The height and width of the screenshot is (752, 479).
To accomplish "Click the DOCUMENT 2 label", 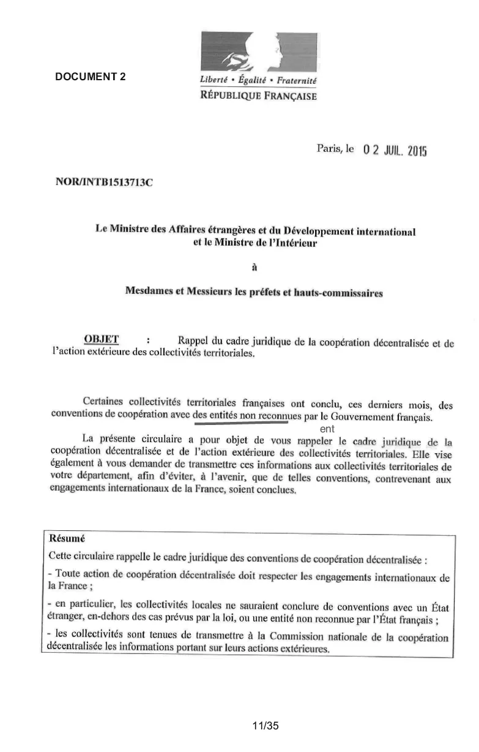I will coord(91,77).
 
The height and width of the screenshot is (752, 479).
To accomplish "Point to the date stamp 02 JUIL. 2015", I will coord(394,149).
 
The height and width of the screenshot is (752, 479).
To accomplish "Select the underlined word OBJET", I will coord(101,339).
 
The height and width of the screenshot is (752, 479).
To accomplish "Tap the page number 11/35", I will coord(265,726).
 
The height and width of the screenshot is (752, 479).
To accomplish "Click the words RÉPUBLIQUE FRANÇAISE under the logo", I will coord(259,96).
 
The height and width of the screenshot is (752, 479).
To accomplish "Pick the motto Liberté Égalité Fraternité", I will coord(259,81).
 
